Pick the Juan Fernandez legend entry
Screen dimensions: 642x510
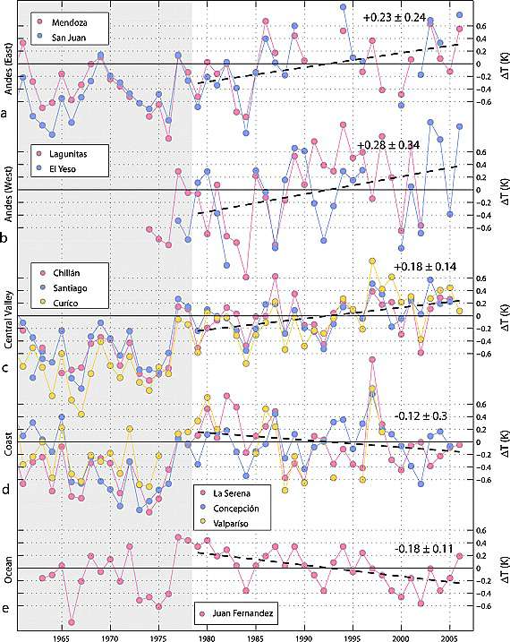239,614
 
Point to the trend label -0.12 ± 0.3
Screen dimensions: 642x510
427,416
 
